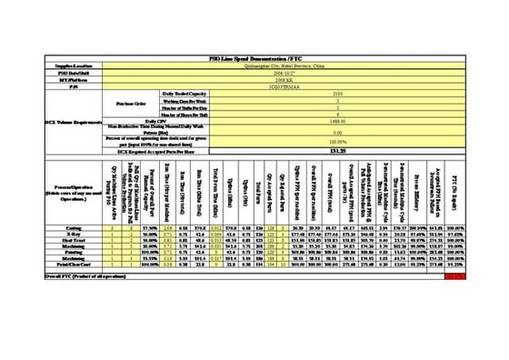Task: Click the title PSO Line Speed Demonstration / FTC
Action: [254, 57]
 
